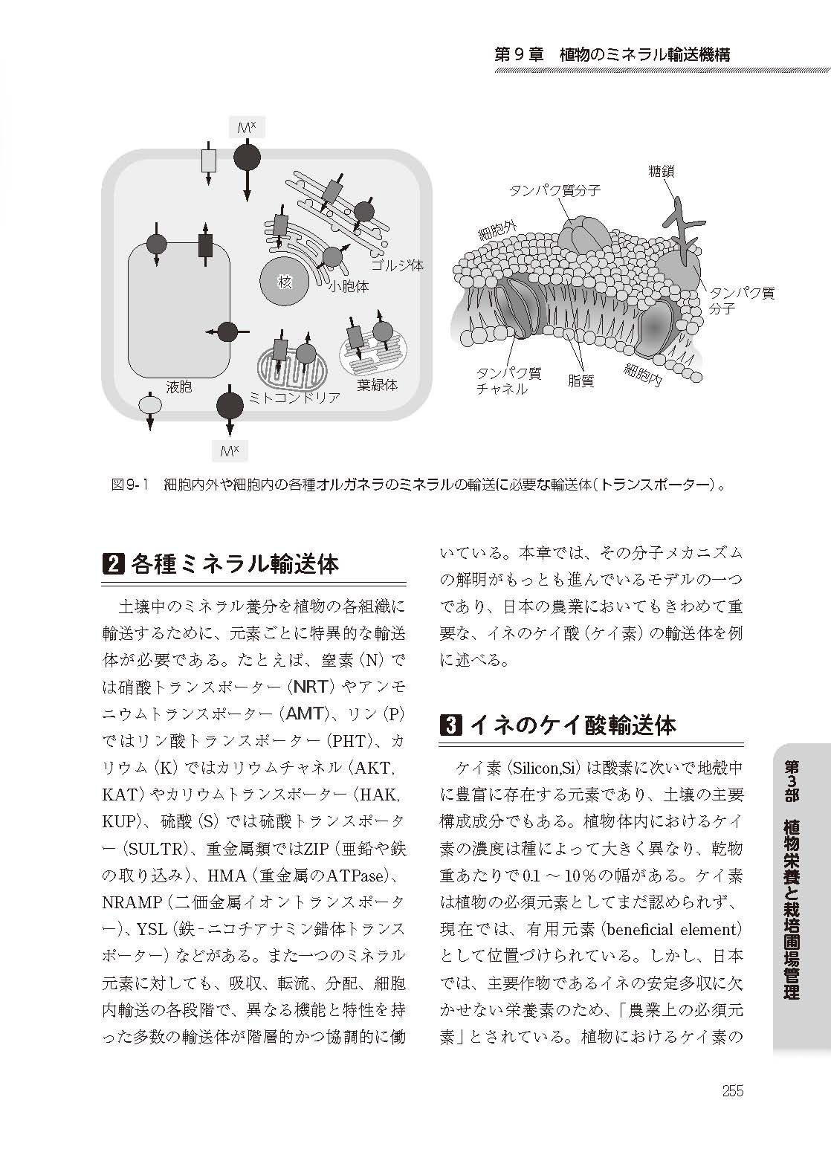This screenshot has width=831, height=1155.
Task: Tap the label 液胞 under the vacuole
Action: pyautogui.click(x=179, y=386)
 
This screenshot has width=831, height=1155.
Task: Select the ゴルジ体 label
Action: pyautogui.click(x=397, y=265)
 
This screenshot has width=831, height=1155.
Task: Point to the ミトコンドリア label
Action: pyautogui.click(x=295, y=398)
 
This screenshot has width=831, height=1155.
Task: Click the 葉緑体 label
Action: pyautogui.click(x=377, y=385)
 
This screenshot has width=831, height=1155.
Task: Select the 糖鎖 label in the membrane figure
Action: pyautogui.click(x=661, y=172)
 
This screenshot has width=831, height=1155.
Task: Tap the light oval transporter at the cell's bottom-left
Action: pyautogui.click(x=150, y=405)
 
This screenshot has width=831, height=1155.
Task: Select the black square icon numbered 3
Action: pyautogui.click(x=452, y=725)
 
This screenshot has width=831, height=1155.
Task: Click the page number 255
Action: pyautogui.click(x=732, y=1091)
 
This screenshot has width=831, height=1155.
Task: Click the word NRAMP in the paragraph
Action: pyautogui.click(x=132, y=902)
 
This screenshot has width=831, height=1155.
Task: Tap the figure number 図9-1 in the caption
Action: pyautogui.click(x=130, y=485)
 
